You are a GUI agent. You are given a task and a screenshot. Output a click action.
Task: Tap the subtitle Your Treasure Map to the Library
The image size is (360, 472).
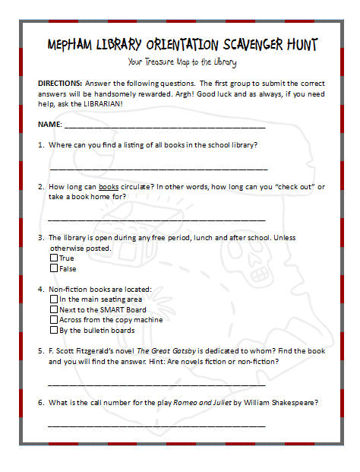[x=182, y=62]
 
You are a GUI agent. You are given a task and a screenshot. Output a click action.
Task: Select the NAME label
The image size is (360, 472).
[x=50, y=123]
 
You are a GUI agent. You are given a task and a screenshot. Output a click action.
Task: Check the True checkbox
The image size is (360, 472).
[x=54, y=258]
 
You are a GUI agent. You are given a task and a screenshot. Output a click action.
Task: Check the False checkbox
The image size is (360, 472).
[x=54, y=268]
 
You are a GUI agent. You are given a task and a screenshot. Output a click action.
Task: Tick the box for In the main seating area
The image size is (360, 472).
[x=54, y=299]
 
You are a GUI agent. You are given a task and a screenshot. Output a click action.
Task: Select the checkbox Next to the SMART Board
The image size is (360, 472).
[x=54, y=310]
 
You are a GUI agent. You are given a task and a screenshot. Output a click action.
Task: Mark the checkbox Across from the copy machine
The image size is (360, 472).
[x=54, y=320]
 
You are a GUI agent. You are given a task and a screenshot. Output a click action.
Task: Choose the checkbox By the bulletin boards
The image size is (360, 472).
[x=54, y=331]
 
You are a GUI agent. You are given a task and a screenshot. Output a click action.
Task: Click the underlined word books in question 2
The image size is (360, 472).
[x=109, y=186]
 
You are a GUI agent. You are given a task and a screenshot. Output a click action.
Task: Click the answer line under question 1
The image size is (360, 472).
[x=158, y=167]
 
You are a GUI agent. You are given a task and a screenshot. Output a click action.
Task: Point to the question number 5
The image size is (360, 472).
[x=40, y=351]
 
